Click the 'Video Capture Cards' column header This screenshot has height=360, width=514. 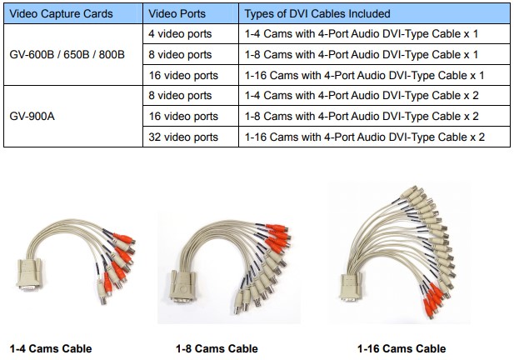61,14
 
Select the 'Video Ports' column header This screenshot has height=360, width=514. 177,14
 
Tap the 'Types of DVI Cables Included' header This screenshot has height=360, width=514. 317,14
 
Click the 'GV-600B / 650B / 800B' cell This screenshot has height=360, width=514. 67,54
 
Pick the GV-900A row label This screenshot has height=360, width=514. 32,116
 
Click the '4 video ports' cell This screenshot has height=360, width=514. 180,34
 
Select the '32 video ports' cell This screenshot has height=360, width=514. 183,137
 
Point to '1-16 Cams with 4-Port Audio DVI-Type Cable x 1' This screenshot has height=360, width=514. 365,75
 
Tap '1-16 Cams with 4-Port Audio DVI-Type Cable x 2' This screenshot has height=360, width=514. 365,137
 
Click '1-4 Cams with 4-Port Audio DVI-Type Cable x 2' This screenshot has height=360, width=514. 362,95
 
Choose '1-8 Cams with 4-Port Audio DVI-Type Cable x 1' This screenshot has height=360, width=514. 362,54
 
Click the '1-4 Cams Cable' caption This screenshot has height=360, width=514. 51,348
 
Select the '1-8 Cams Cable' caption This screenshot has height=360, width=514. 217,348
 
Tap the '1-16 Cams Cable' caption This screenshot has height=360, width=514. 402,348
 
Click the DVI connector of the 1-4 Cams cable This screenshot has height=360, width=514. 29,275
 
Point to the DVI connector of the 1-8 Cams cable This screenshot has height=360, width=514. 183,286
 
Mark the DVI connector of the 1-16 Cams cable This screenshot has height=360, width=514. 351,287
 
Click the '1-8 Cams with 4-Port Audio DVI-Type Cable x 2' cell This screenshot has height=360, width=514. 362,116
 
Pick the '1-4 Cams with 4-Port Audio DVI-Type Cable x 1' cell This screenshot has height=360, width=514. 362,34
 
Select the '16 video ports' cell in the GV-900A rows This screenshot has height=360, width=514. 183,116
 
